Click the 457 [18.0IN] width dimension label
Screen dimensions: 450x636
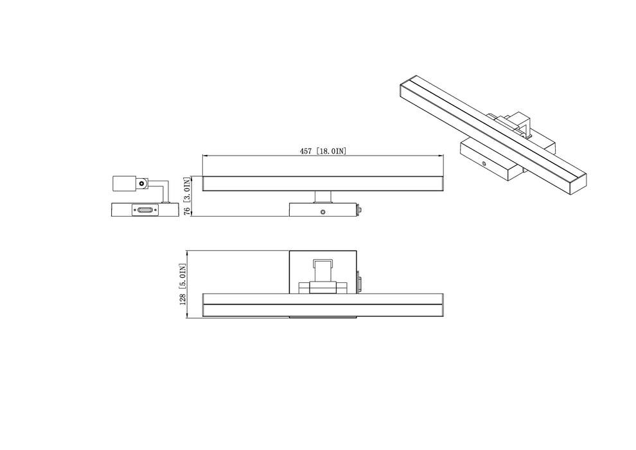tap(323, 151)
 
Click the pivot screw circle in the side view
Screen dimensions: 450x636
tap(140, 184)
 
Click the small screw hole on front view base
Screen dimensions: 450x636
tap(323, 211)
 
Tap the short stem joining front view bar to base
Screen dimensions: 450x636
tap(322, 197)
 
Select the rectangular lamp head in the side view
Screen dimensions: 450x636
tap(124, 183)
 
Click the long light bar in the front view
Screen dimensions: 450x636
tap(323, 183)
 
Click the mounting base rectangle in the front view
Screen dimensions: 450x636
tap(323, 210)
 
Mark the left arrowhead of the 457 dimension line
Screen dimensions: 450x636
tap(204, 156)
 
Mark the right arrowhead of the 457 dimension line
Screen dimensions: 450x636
tap(441, 156)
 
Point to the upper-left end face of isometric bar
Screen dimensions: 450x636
tap(403, 90)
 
